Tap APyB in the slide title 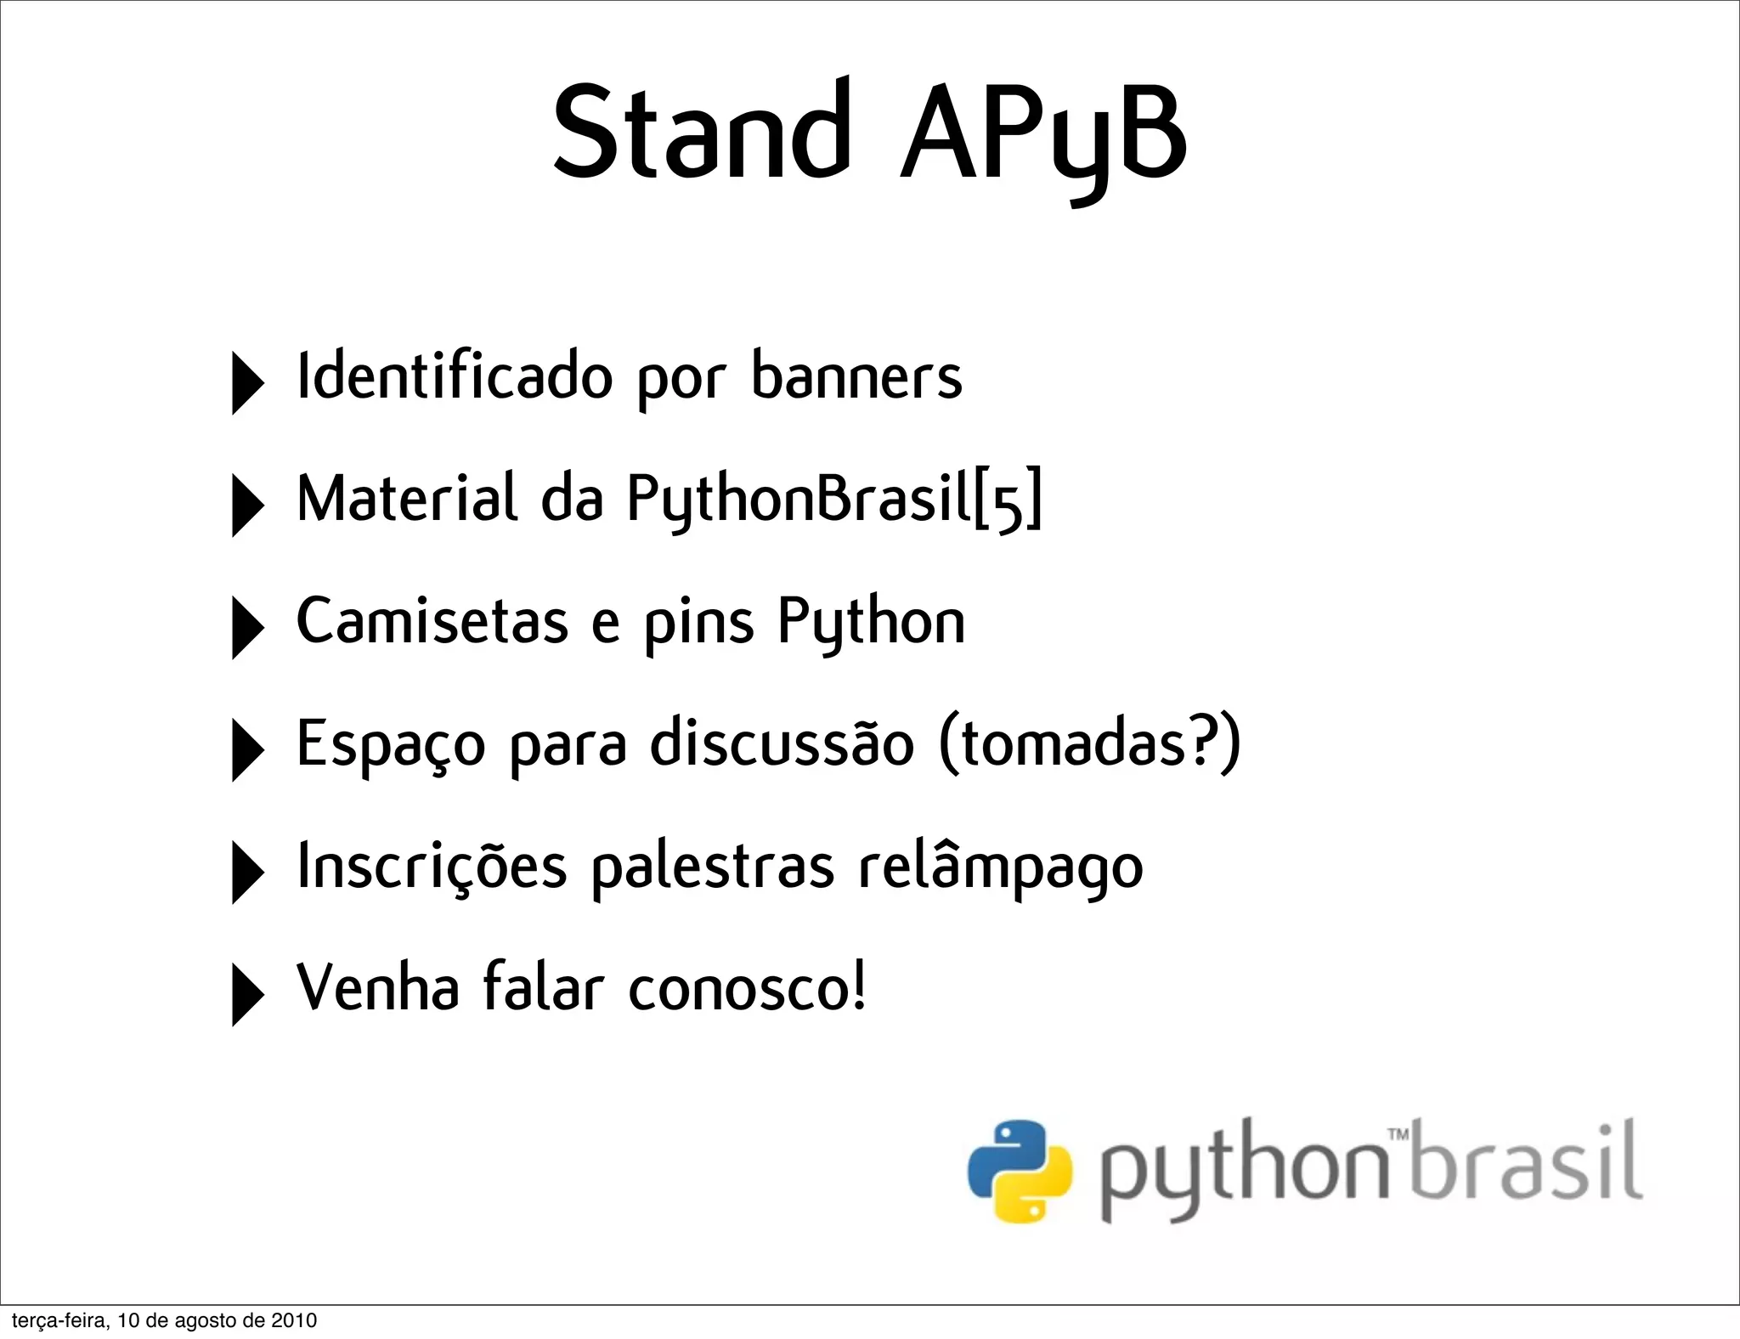1043,136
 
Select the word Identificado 455,376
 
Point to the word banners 856,376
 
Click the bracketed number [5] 1008,501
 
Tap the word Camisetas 432,621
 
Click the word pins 698,624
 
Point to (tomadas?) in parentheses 1090,743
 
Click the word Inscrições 432,867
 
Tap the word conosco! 748,989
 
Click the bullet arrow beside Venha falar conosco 246,995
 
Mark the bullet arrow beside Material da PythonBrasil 246,506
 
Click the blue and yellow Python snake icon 1020,1171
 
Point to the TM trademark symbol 1398,1133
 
